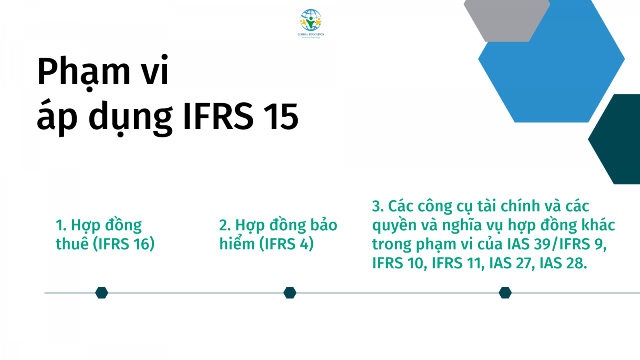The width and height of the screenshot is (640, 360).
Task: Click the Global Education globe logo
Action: pos(311,20)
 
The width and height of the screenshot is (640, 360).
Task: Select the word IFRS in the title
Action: pos(218,116)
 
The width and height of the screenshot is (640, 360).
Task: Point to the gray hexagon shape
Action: pos(507,20)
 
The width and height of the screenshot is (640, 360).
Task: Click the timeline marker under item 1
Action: pos(102,293)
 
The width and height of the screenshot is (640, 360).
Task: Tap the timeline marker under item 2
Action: pos(290,293)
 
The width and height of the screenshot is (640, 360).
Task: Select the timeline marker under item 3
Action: pos(505,293)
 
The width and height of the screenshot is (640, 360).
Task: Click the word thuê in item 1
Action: pos(72,244)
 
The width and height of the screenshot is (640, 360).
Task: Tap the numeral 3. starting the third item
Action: pos(378,206)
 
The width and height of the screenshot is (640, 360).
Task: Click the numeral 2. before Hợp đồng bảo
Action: pos(225,225)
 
